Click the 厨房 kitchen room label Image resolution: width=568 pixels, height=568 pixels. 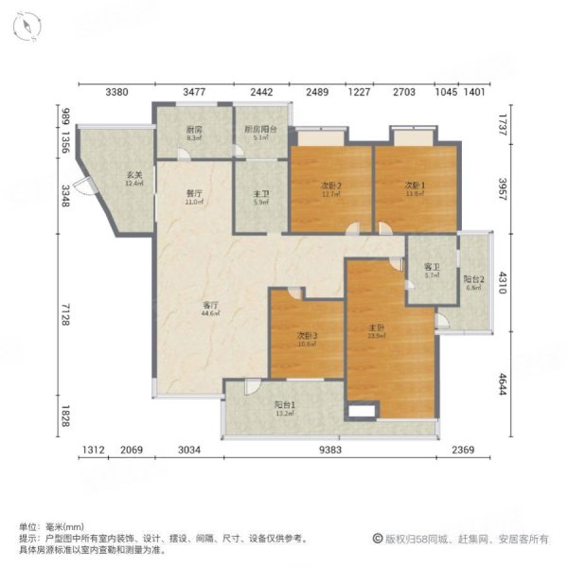pos(195,129)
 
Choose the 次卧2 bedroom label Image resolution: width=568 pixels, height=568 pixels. pos(330,185)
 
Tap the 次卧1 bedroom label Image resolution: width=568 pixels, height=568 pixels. pos(415,185)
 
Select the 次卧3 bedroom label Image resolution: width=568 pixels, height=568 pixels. pos(306,336)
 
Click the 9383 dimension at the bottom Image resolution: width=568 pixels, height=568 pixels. pos(330,450)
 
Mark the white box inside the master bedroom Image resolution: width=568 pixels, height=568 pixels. pos(363,410)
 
